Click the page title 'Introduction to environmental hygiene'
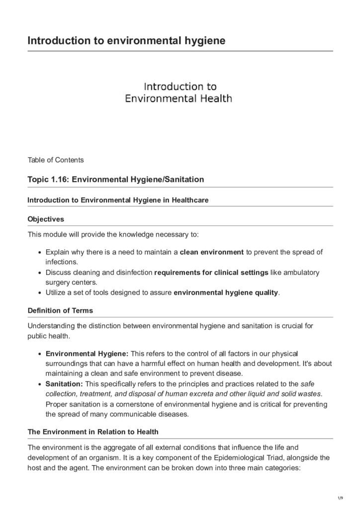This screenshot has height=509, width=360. tap(127, 40)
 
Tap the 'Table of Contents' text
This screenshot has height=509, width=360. tap(56, 160)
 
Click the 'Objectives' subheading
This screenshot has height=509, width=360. tap(46, 219)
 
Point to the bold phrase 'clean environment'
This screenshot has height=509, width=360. tap(211, 253)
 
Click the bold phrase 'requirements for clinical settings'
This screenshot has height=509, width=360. tap(211, 273)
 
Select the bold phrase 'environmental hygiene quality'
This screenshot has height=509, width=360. tap(226, 293)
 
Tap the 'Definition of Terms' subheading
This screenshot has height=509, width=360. tap(60, 311)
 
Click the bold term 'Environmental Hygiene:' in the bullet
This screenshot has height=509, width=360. tap(87, 353)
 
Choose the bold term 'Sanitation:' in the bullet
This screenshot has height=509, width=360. tap(65, 384)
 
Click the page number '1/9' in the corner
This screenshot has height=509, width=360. tap(340, 498)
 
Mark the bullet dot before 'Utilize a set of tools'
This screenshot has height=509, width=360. tap(39, 293)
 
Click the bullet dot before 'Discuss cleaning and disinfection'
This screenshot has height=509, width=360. tap(39, 273)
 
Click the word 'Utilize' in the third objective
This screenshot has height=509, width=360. tap(57, 293)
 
